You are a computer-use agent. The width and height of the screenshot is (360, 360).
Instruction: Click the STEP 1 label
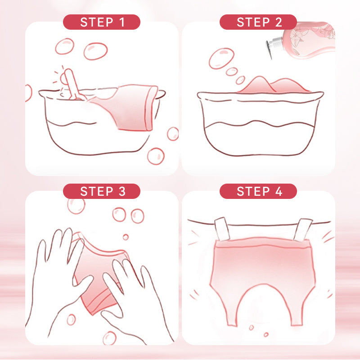[102, 22]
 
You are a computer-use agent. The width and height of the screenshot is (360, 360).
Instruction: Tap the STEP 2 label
[258, 22]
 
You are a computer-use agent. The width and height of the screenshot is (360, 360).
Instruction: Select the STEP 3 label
[102, 191]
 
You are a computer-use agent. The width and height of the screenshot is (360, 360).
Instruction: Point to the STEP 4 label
[258, 191]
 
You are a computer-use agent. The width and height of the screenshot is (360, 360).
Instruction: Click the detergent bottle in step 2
[303, 41]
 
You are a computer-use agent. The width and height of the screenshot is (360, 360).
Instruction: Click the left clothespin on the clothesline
[222, 229]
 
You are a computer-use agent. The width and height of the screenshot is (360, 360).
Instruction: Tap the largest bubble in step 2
[221, 58]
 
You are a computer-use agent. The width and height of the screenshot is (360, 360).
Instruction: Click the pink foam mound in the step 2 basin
[273, 85]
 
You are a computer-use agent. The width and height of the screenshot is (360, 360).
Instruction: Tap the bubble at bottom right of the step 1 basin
[156, 156]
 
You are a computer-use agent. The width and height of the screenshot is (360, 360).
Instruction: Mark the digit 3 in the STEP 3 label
[122, 191]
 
